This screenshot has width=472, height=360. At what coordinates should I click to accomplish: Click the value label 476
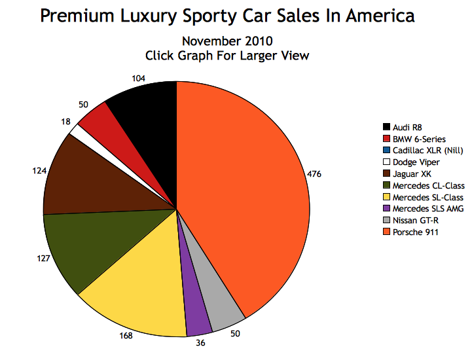tap(316, 174)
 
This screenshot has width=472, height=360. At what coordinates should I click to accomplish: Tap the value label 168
tap(126, 336)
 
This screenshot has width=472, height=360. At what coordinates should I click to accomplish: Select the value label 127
tap(43, 258)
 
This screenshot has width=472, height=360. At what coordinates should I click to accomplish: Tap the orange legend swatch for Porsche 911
tap(386, 232)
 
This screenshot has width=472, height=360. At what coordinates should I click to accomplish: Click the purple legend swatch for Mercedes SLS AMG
tap(386, 209)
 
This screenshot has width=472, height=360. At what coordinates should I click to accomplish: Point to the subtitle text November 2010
tap(227, 41)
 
